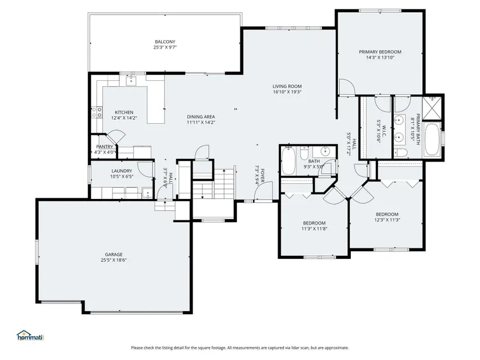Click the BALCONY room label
pos(165,42)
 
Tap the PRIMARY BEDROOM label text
pos(380,52)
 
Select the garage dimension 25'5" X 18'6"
pos(113,260)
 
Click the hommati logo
pos(30,336)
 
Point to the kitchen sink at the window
pos(131,81)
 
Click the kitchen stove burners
pos(97,112)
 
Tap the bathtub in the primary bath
pos(432,140)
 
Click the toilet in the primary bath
pos(400,152)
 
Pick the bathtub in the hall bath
pos(288,161)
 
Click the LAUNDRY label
pos(122,171)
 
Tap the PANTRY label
pos(105,147)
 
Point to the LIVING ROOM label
pos(287,86)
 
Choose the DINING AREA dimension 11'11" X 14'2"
pos(201,123)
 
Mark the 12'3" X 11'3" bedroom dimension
pos(387,220)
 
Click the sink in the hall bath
pos(325,151)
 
